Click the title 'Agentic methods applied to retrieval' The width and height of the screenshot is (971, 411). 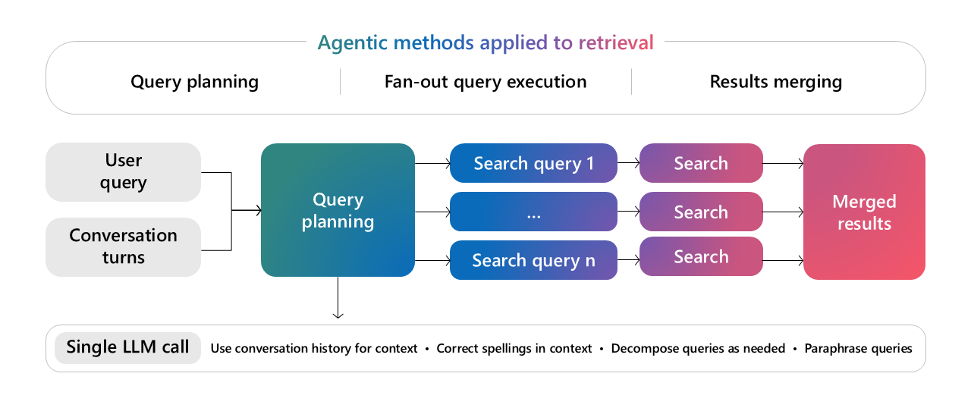[x=485, y=42]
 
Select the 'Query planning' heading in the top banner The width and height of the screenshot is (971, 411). [x=194, y=82]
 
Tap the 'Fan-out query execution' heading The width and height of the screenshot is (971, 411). [x=485, y=82]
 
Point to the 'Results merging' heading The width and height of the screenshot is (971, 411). [x=775, y=82]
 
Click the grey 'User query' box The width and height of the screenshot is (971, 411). [x=123, y=172]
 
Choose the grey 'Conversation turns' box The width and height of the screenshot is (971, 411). [x=123, y=246]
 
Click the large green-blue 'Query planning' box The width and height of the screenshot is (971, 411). [x=338, y=210]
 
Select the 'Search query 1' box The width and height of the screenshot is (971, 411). [x=533, y=163]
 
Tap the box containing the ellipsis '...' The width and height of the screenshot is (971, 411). [x=533, y=212]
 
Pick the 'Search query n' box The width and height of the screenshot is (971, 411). [x=533, y=260]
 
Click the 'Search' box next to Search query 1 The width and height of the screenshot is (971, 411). [x=701, y=163]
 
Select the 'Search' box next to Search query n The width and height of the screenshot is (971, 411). [x=701, y=256]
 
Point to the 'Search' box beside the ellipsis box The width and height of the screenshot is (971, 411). [x=701, y=212]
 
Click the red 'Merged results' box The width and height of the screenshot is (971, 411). [x=864, y=212]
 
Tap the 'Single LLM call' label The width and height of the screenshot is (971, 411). [x=127, y=347]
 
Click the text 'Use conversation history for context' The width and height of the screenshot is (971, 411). [x=314, y=349]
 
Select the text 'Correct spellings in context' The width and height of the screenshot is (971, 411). [x=514, y=349]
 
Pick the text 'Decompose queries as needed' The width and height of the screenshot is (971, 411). [x=698, y=349]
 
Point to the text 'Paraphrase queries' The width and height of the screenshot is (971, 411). [x=858, y=349]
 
